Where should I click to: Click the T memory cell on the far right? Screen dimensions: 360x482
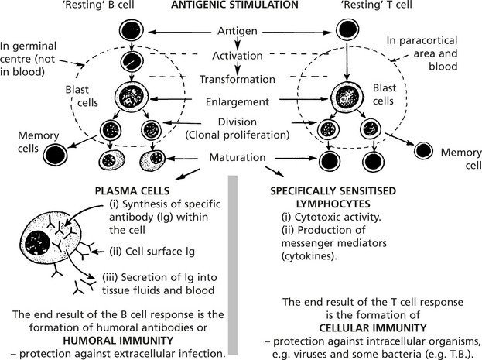click(424, 149)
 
